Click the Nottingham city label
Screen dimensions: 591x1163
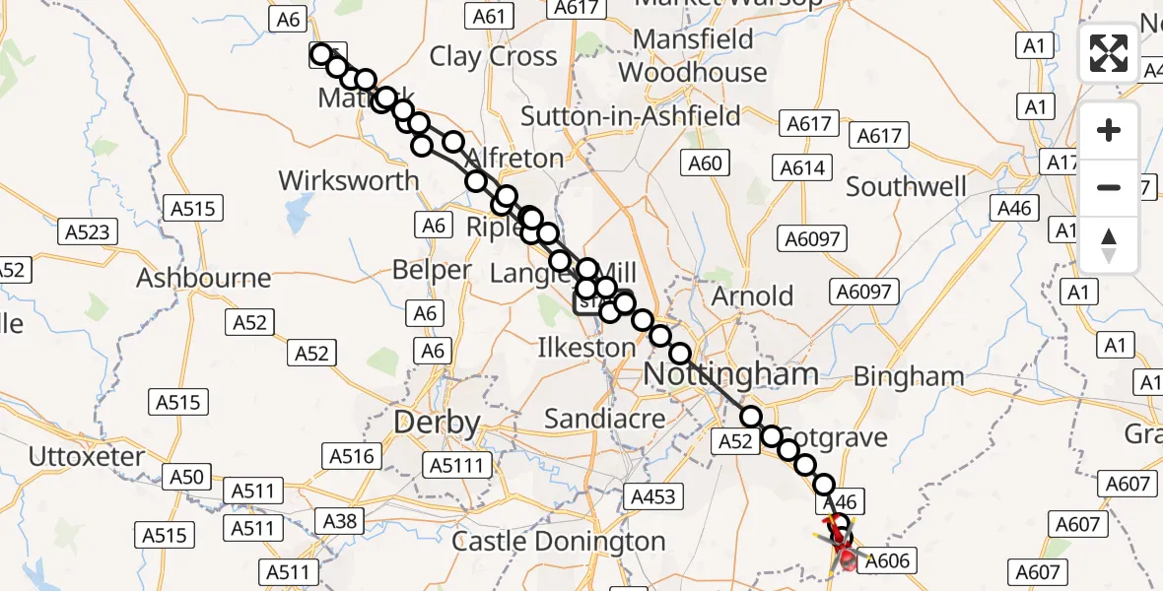pyautogui.click(x=730, y=373)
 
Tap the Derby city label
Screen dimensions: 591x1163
pyautogui.click(x=437, y=424)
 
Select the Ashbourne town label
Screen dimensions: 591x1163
pyautogui.click(x=203, y=278)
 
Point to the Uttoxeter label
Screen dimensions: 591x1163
pyautogui.click(x=87, y=456)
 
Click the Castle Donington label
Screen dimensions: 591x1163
pyautogui.click(x=559, y=541)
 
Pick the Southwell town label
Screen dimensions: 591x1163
pyautogui.click(x=906, y=186)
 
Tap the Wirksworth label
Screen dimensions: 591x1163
pyautogui.click(x=349, y=181)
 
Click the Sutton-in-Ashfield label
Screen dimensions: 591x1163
pyautogui.click(x=630, y=116)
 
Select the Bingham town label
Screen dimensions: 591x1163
pyautogui.click(x=908, y=375)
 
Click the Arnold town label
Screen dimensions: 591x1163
pyautogui.click(x=753, y=295)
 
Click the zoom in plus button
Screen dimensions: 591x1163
pyautogui.click(x=1109, y=130)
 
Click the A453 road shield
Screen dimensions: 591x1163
pyautogui.click(x=652, y=497)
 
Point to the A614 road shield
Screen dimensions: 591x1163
pyautogui.click(x=801, y=168)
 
